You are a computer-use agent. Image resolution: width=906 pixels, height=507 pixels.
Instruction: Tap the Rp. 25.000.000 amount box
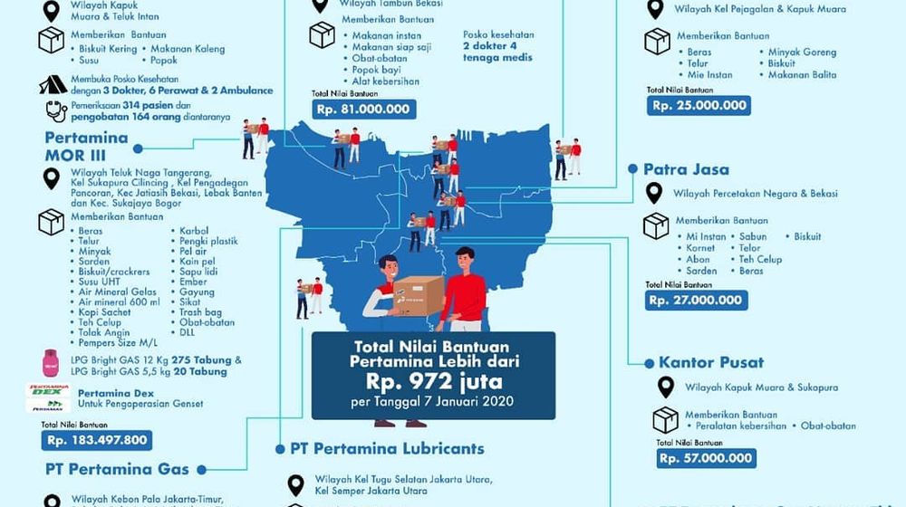[x=699, y=106]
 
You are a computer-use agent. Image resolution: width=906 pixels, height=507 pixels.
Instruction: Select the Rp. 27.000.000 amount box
[x=696, y=300]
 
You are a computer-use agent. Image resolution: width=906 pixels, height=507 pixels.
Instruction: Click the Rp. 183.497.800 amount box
[x=97, y=440]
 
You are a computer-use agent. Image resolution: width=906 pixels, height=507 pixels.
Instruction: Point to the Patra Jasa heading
[x=686, y=169]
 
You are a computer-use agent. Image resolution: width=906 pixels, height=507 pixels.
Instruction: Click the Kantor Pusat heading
[x=710, y=362]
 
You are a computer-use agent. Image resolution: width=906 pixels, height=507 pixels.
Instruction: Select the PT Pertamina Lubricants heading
[x=387, y=448]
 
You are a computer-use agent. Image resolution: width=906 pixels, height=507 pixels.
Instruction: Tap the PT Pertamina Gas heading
[x=118, y=469]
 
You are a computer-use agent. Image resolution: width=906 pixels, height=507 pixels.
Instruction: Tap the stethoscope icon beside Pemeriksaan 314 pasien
[x=55, y=111]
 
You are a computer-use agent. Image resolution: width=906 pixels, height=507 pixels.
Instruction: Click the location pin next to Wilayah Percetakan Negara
[x=654, y=193]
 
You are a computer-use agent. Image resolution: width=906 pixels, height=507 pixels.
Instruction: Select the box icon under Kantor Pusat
[x=666, y=419]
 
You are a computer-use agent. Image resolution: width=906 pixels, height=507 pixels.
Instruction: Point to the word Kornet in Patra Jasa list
[x=700, y=248]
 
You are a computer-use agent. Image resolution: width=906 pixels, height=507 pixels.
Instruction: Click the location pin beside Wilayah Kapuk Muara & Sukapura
[x=666, y=387]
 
